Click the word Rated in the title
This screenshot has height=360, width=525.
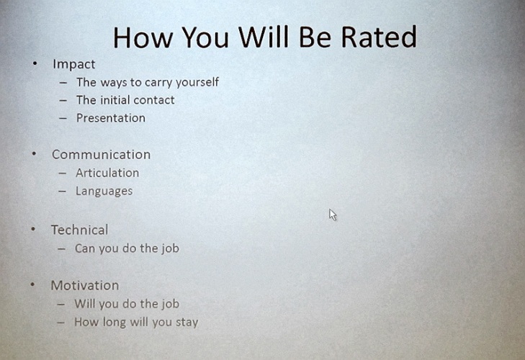pyautogui.click(x=379, y=37)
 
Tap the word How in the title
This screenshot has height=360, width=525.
pyautogui.click(x=143, y=37)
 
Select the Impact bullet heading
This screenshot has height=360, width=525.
pyautogui.click(x=74, y=64)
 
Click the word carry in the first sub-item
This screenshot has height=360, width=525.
pyautogui.click(x=158, y=82)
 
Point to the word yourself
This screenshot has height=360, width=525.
pyautogui.click(x=197, y=82)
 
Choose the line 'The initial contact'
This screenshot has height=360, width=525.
pyautogui.click(x=125, y=100)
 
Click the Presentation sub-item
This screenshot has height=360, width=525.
pyautogui.click(x=111, y=118)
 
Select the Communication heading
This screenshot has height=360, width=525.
pyautogui.click(x=101, y=154)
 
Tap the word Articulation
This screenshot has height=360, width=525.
pyautogui.click(x=107, y=173)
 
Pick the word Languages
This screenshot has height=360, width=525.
pyautogui.click(x=104, y=192)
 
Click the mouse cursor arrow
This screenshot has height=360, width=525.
pyautogui.click(x=333, y=215)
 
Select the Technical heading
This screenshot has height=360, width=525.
pyautogui.click(x=80, y=230)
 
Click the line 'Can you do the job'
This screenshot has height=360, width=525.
pyautogui.click(x=127, y=248)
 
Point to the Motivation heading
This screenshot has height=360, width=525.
pyautogui.click(x=85, y=285)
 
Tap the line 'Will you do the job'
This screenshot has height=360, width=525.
pyautogui.click(x=127, y=304)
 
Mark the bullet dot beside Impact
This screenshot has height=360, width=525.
pyautogui.click(x=35, y=63)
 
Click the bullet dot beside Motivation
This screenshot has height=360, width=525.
pyautogui.click(x=33, y=284)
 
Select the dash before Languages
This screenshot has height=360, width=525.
pyautogui.click(x=62, y=192)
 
